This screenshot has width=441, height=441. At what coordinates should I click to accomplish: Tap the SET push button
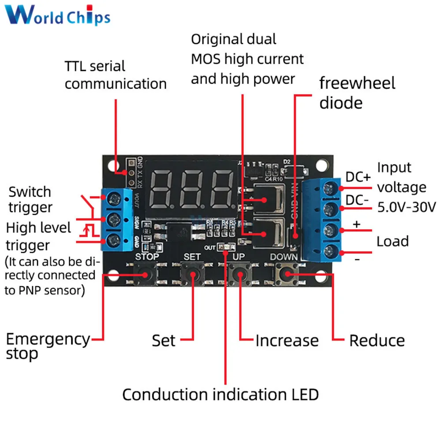pyautogui.click(x=192, y=274)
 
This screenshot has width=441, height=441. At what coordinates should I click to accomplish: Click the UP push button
pyautogui.click(x=240, y=274)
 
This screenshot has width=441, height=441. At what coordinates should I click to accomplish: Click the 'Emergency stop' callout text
pyautogui.click(x=48, y=346)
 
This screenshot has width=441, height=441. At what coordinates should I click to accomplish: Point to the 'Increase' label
pyautogui.click(x=287, y=340)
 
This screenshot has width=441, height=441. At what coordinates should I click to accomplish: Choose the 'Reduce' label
pyautogui.click(x=377, y=340)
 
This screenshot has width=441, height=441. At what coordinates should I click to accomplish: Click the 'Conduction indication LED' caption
pyautogui.click(x=220, y=394)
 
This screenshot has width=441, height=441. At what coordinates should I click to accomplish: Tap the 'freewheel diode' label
pyautogui.click(x=357, y=93)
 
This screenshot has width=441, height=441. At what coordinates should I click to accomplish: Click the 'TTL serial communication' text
pyautogui.click(x=116, y=75)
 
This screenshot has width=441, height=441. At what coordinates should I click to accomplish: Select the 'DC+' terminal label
pyautogui.click(x=358, y=177)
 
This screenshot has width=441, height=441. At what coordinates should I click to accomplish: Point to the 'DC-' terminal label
pyautogui.click(x=357, y=200)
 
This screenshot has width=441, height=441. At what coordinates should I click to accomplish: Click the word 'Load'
pyautogui.click(x=392, y=241)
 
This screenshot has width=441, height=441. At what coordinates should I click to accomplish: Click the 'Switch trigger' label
pyautogui.click(x=30, y=199)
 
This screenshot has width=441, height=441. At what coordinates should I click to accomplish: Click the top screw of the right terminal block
pyautogui.click(x=328, y=189)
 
